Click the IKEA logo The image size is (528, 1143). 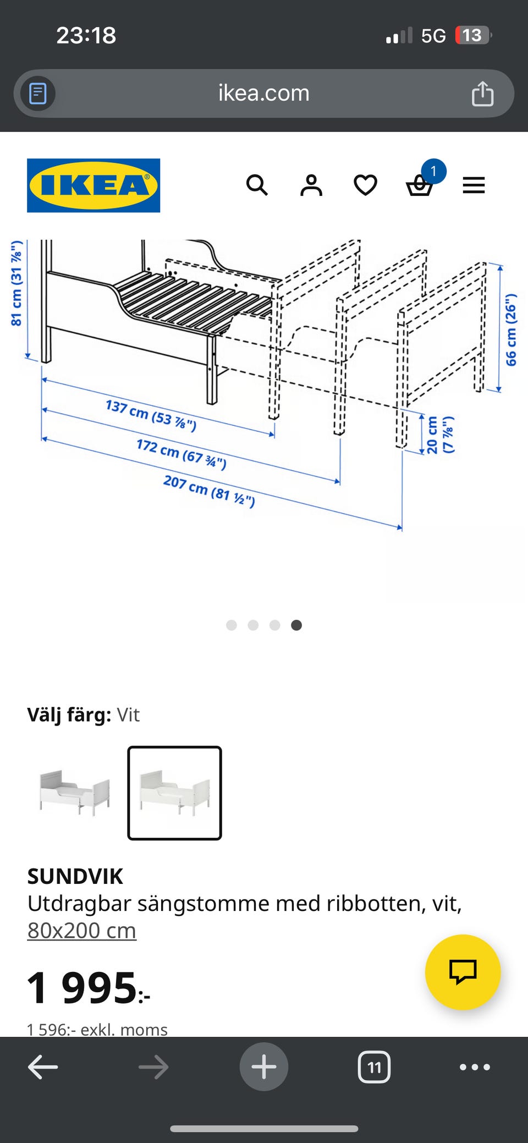94,185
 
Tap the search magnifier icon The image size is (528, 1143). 257,185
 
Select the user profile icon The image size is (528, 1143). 311,185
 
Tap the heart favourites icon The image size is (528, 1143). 365,185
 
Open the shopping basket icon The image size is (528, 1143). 420,185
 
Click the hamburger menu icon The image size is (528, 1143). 474,185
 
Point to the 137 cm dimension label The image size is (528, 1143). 151,415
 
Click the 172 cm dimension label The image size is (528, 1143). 182,454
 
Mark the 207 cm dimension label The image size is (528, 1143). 209,491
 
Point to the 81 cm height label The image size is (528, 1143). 17,283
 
